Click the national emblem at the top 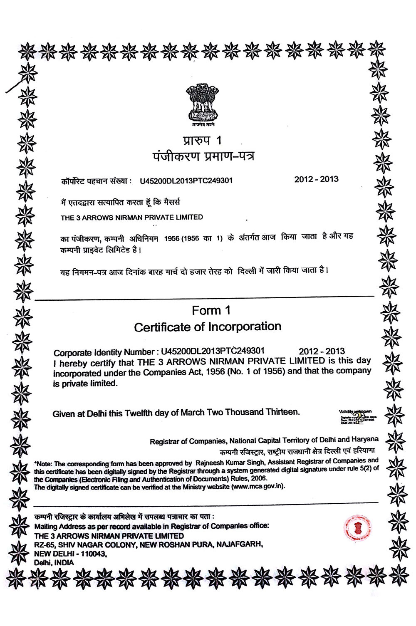coord(203,104)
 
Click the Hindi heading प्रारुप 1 coord(203,140)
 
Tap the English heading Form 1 coord(211,310)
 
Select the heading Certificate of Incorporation coord(208,327)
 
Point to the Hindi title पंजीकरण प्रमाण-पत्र coord(203,156)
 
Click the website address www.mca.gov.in coord(258,487)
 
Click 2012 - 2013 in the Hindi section coord(316,179)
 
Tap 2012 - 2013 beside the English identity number coord(322,351)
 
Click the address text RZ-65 coord(45,545)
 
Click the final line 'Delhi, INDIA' coord(54,563)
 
